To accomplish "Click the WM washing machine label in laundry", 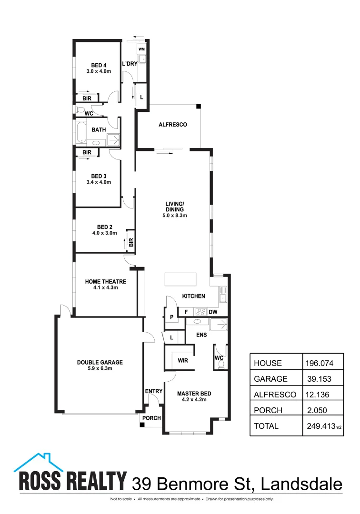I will coord(141,49).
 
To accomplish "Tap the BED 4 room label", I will coord(99,65).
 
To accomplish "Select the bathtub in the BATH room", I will coord(81,134).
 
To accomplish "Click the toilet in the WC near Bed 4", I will coord(79,110).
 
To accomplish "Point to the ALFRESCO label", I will coord(172,125).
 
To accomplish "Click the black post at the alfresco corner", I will coord(199,107).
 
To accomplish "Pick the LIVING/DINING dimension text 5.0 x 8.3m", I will coord(175,216).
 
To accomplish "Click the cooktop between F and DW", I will coord(200,312).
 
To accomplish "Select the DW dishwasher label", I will coord(213,312).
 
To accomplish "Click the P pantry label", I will coord(171,317).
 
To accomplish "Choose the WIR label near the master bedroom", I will coord(183,360).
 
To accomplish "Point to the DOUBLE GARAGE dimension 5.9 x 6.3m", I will coord(100,368).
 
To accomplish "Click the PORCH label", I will coord(153,418).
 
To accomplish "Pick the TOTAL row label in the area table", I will coord(267,426).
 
